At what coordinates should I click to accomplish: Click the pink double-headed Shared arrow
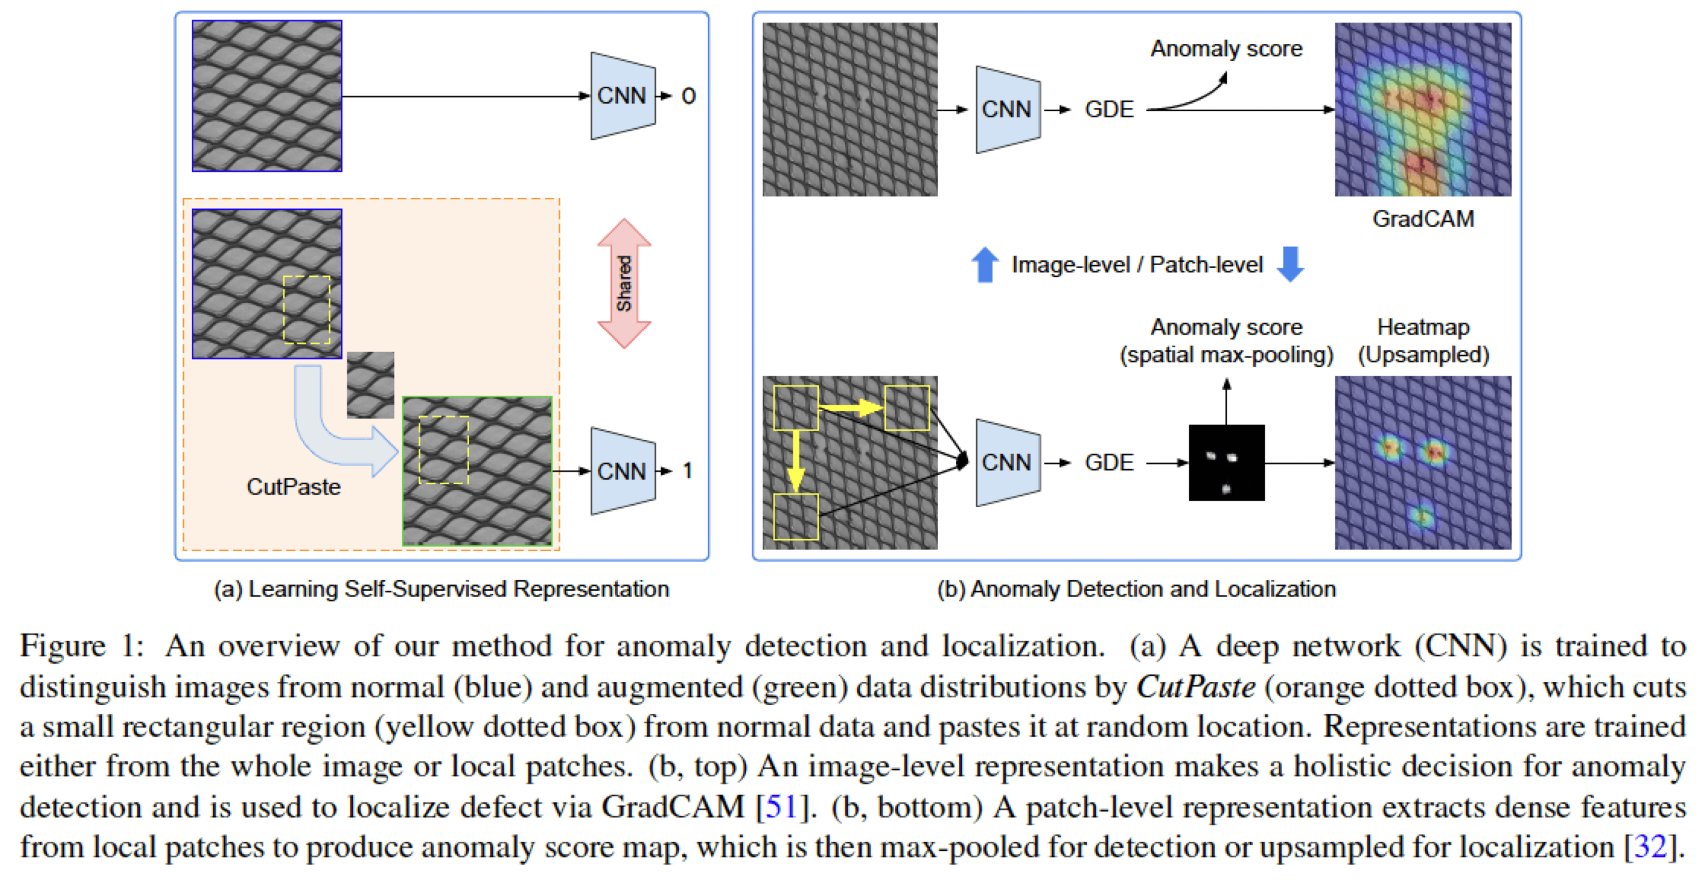(x=623, y=283)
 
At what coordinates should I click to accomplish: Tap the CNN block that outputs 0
(x=622, y=96)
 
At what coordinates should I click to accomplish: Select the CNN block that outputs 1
(x=622, y=471)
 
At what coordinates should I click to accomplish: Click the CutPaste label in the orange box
(x=293, y=487)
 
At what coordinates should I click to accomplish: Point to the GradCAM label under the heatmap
(x=1423, y=219)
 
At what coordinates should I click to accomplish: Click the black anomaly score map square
(x=1226, y=462)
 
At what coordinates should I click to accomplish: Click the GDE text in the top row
(x=1109, y=109)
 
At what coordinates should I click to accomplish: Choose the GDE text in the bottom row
(x=1109, y=462)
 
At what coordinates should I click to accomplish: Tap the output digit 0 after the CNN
(x=688, y=97)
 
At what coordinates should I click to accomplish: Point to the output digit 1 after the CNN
(x=688, y=471)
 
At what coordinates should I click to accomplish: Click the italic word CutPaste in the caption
(x=1195, y=687)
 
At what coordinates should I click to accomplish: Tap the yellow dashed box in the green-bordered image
(x=444, y=450)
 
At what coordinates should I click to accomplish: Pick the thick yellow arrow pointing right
(x=851, y=407)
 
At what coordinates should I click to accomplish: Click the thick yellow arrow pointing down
(x=795, y=461)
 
